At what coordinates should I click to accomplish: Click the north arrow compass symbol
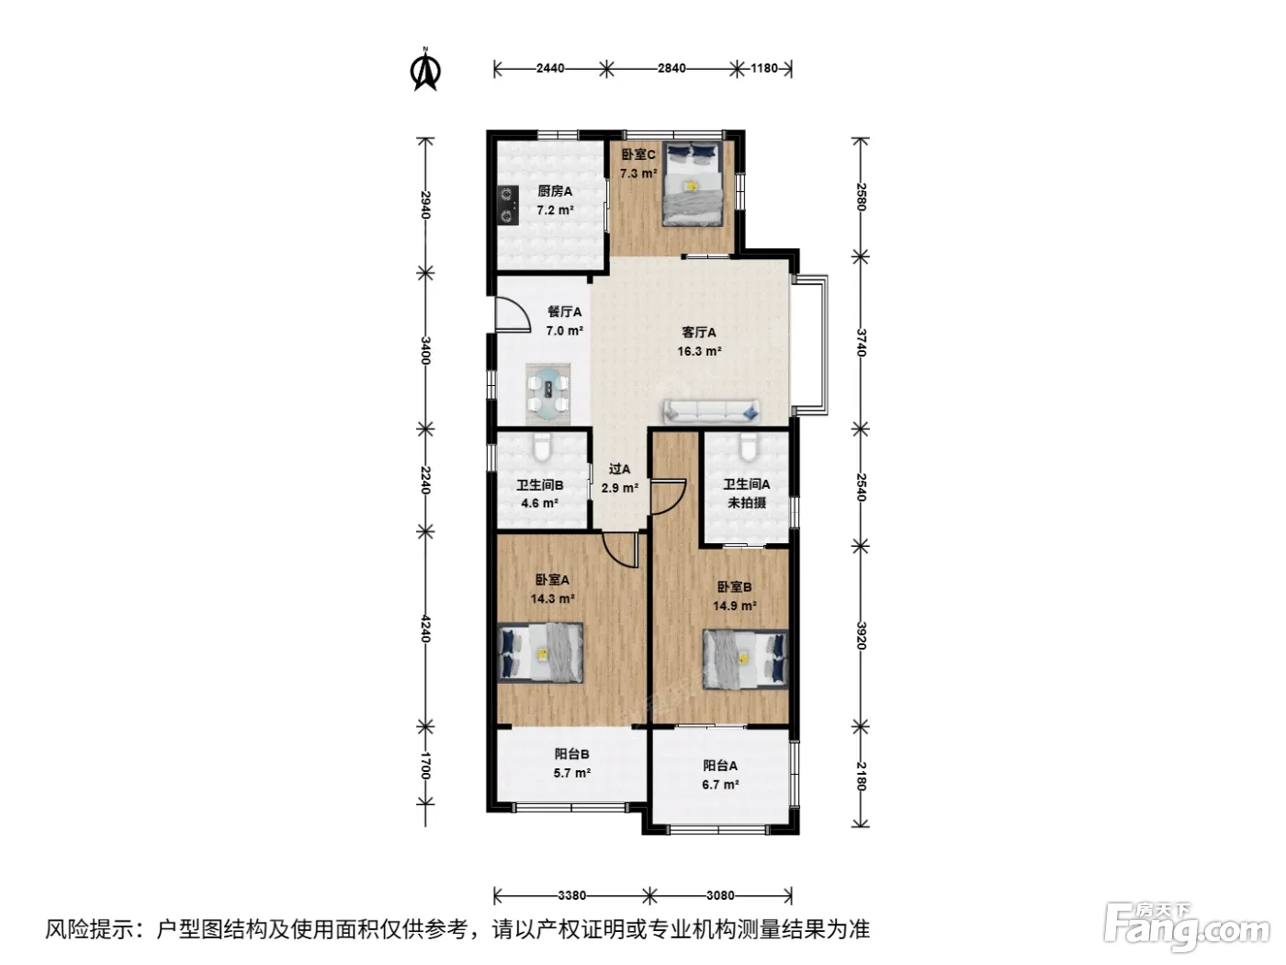pos(425,70)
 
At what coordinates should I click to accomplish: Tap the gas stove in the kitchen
pos(507,205)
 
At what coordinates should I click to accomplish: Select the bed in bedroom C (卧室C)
pos(692,184)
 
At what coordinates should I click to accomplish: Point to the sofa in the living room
pos(711,412)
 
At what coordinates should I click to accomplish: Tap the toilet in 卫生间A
pos(748,447)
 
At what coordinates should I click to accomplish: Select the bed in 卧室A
pos(540,653)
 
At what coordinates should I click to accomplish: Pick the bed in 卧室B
pos(745,659)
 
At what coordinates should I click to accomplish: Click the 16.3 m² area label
pos(699,352)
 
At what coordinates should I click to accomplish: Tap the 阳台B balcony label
pos(572,754)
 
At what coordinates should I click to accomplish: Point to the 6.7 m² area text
pos(720,785)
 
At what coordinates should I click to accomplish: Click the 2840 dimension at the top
pos(671,69)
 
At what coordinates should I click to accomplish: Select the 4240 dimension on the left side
pos(426,629)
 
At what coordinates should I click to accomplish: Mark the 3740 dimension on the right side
pos(861,342)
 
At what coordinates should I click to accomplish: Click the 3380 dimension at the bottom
pos(572,896)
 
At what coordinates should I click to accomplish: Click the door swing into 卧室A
pos(621,549)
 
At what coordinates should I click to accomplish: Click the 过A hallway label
pos(619,470)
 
